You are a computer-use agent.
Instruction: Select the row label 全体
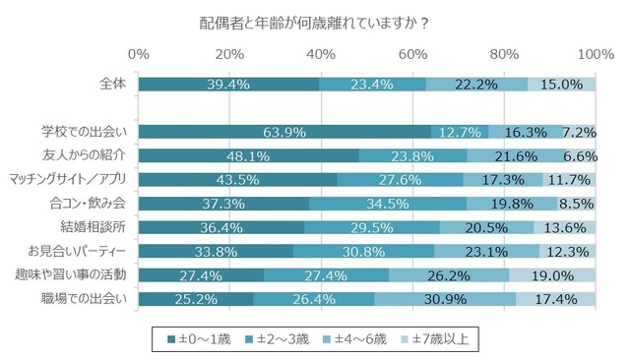tap(113, 84)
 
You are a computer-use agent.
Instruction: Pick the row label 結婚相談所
tap(97, 227)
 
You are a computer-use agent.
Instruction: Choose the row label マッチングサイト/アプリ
tap(68, 179)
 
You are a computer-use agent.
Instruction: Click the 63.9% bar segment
tap(284, 132)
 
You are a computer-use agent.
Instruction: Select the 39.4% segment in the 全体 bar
tap(228, 85)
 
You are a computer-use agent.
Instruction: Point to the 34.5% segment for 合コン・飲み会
tap(388, 204)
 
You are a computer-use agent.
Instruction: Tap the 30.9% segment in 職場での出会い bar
tap(445, 299)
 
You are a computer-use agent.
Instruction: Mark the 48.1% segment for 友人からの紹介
tap(248, 155)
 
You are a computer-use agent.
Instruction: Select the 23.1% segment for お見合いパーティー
tap(486, 251)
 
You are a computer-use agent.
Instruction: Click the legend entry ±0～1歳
tap(201, 339)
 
